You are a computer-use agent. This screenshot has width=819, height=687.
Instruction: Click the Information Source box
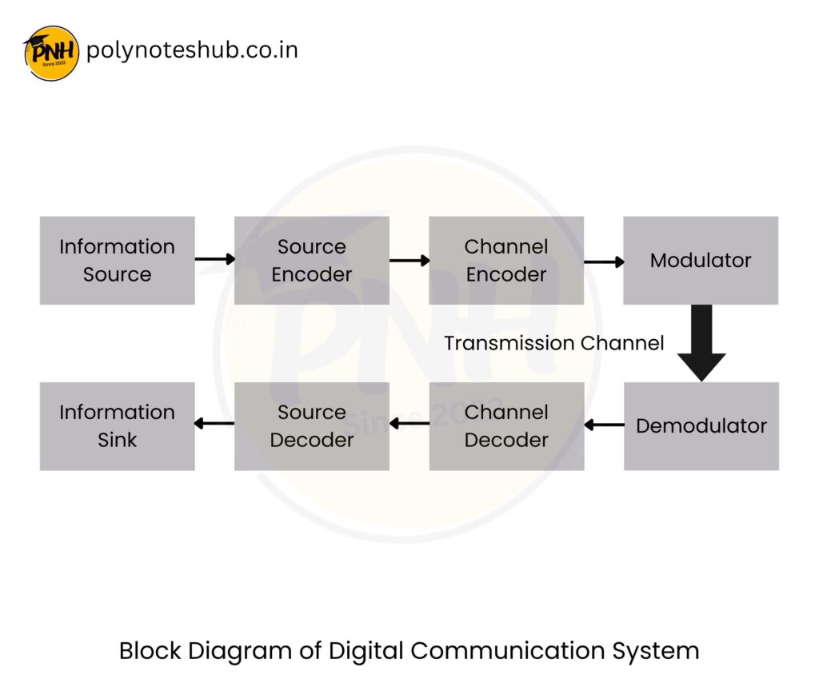(x=118, y=260)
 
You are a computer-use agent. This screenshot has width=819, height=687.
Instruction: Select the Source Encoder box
(x=312, y=260)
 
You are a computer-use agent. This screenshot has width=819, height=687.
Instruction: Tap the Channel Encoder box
(x=506, y=260)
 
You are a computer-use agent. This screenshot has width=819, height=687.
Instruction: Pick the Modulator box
(x=701, y=260)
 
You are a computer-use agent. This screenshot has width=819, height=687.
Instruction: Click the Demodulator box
(x=701, y=426)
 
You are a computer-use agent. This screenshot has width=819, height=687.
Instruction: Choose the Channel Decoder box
(x=506, y=426)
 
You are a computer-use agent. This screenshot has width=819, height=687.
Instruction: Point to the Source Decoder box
(x=312, y=426)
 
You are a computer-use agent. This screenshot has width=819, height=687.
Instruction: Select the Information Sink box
(x=118, y=426)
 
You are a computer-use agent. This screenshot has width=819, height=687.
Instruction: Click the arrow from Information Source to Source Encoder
(x=214, y=258)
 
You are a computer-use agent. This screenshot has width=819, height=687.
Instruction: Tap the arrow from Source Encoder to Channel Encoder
(x=409, y=260)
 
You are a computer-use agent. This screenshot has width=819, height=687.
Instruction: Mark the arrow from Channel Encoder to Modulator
(x=604, y=262)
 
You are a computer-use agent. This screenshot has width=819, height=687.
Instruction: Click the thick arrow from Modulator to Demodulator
(x=701, y=343)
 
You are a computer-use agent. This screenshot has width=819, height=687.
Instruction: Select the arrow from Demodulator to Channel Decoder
(x=605, y=425)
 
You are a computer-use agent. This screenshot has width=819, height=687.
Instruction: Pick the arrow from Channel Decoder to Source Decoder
(x=409, y=423)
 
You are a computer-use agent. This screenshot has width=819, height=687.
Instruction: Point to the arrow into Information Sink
(x=214, y=423)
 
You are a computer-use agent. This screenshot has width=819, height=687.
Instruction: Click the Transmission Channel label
(x=554, y=343)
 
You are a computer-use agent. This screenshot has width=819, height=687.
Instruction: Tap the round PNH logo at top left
(x=51, y=53)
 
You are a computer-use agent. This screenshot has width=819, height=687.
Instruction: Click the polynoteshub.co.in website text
(x=192, y=50)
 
